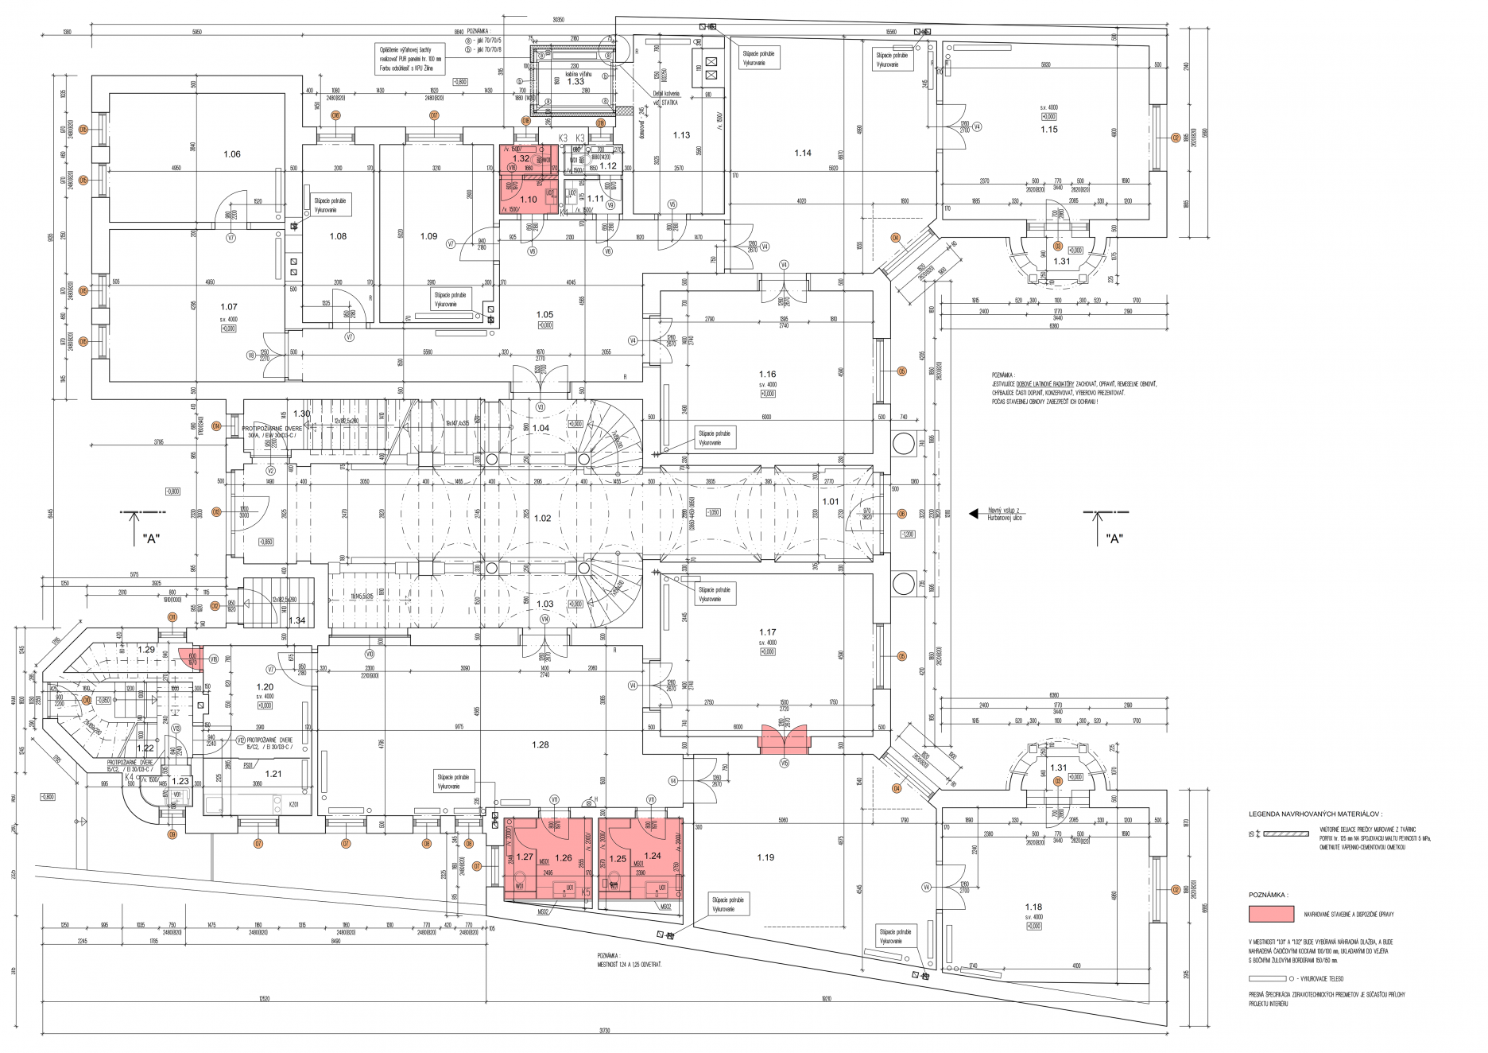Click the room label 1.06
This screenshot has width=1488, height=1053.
coord(232,154)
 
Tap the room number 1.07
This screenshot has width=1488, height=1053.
coord(229,306)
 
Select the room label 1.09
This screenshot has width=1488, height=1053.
coord(428,236)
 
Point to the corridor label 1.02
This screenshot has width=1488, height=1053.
coord(542,518)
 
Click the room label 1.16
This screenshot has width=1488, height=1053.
coord(767,374)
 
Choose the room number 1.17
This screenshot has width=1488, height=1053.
coord(767,633)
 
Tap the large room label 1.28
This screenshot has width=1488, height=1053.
coord(541,744)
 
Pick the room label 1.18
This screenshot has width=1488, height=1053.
coord(1033,907)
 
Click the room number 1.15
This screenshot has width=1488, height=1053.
coord(1049,129)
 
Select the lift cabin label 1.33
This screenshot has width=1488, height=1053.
coord(575,82)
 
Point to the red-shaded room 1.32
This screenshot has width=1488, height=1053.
coord(521,159)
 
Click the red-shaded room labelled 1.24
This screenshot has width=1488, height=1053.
coord(653,856)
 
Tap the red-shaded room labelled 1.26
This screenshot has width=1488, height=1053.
coord(564,857)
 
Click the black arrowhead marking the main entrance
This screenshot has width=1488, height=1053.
coord(973,514)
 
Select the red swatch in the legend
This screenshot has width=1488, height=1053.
coord(1271,914)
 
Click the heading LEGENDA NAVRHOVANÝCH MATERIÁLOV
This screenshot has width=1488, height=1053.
coord(1315,814)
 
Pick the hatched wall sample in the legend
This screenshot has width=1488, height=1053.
coord(1285,834)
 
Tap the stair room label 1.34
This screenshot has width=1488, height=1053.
coord(296,620)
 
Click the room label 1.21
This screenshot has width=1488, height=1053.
coord(273,773)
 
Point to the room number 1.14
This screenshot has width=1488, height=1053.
coord(803,153)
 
